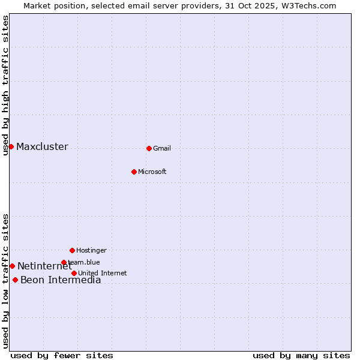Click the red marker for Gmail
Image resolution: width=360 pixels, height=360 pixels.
point(149,148)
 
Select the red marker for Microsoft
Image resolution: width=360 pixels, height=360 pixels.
point(134,172)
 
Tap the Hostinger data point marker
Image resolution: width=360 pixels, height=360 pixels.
point(72,250)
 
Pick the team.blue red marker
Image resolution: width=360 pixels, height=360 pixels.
point(64,262)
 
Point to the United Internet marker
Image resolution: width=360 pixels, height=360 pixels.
point(74,273)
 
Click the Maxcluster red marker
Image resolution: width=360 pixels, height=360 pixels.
point(11,146)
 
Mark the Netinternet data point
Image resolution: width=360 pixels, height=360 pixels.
point(12,266)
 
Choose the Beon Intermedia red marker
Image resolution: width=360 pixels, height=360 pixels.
point(15,280)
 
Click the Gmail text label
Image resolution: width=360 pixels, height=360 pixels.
point(162,149)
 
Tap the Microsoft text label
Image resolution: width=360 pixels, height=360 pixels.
point(152,172)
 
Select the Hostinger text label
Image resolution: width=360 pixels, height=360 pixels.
point(91,251)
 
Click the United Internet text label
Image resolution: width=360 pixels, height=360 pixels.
point(103,274)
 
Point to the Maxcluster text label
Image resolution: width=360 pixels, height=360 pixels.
point(42,147)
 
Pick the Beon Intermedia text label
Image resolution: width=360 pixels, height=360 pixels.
point(61,280)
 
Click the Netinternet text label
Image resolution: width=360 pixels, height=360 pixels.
point(44,266)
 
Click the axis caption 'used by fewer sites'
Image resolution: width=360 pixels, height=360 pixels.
point(62,355)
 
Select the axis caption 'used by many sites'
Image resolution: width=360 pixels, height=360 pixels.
point(301,355)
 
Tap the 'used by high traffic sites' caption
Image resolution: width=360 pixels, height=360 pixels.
point(6,86)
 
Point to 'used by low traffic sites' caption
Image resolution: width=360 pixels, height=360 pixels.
point(6,281)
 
